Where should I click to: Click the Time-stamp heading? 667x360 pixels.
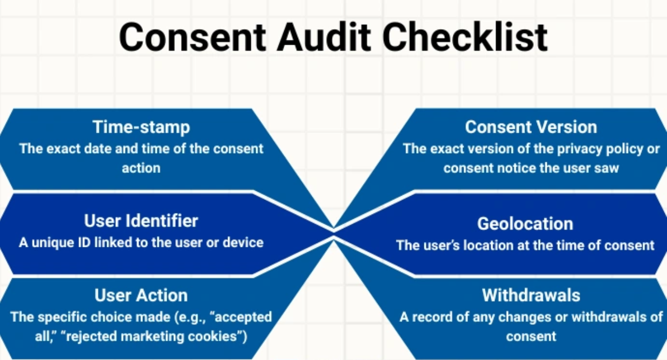coord(141,127)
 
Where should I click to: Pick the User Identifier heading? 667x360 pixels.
coord(141,220)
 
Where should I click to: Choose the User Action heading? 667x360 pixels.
coord(141,295)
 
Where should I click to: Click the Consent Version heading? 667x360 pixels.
coord(531,127)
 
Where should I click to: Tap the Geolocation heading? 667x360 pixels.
coord(525,224)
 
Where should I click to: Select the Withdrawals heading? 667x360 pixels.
coord(531,295)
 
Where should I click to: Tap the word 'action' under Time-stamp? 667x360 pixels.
coord(141,168)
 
